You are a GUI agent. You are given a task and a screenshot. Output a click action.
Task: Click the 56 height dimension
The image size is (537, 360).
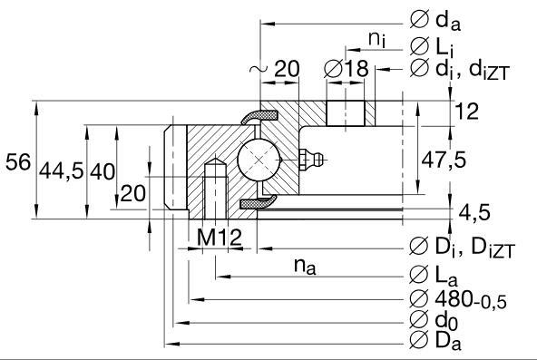click(17, 162)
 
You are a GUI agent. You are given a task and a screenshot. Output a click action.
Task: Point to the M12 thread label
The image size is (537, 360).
click(220, 238)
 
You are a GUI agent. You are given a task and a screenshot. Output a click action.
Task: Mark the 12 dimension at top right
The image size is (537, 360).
click(466, 111)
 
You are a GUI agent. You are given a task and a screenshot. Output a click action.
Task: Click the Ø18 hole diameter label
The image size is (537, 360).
click(344, 70)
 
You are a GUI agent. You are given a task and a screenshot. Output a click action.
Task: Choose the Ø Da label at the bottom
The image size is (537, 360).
click(434, 343)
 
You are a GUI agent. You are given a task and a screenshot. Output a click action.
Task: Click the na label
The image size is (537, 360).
click(306, 267)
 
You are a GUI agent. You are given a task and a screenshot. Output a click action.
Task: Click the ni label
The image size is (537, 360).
click(376, 37)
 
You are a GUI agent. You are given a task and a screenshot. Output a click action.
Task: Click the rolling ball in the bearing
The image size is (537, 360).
click(259, 161)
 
